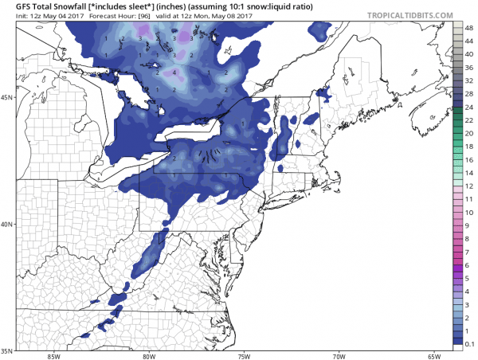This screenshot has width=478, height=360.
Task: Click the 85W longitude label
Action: click(x=53, y=355)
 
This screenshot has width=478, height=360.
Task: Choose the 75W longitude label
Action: click(x=243, y=355)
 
